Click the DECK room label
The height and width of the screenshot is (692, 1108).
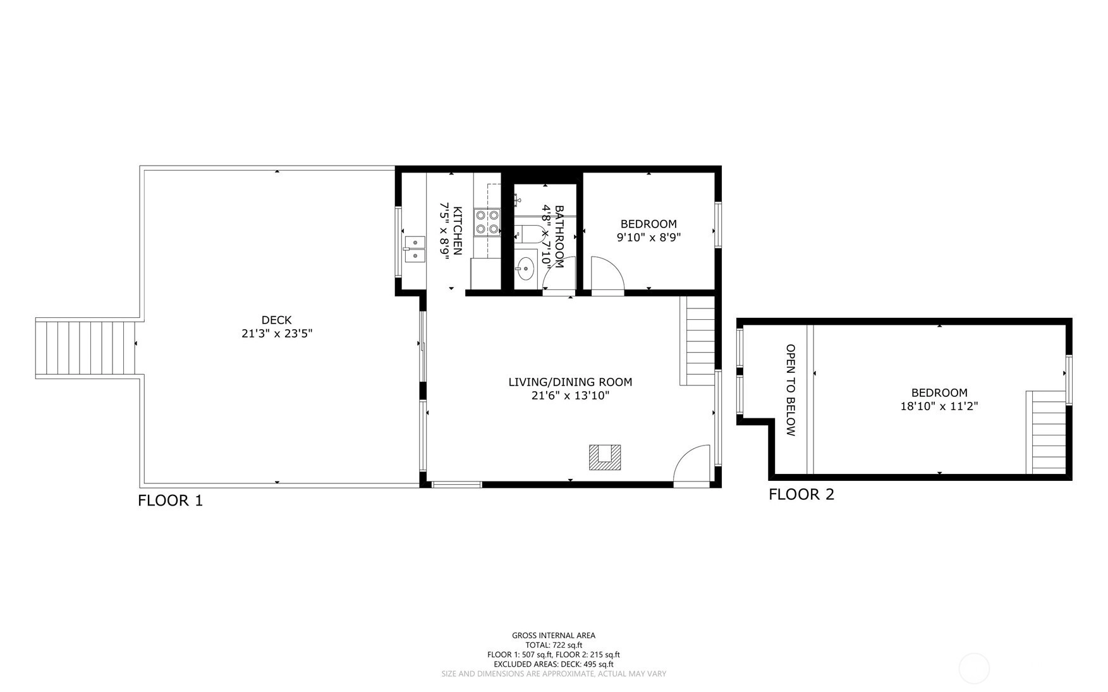click(x=277, y=320)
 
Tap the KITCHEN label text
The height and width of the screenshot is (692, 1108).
click(x=458, y=231)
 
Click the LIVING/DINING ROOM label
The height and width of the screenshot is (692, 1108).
click(x=570, y=382)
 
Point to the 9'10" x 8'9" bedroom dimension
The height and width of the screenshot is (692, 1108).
click(x=648, y=238)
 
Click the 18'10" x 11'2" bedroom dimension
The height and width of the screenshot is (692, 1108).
click(x=939, y=406)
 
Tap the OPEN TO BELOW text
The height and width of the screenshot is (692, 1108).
click(x=790, y=390)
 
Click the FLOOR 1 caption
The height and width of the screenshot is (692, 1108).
click(x=171, y=501)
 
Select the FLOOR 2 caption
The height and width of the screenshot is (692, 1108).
click(x=801, y=494)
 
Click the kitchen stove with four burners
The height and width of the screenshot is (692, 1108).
click(x=487, y=222)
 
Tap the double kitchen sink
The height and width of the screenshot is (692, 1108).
click(x=415, y=248)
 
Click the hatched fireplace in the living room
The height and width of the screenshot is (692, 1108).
click(x=605, y=457)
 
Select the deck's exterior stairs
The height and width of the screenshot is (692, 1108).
click(x=88, y=348)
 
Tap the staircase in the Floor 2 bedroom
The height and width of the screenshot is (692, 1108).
click(x=1046, y=432)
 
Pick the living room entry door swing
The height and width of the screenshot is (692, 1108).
click(x=692, y=466)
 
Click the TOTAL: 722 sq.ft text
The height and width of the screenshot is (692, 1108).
click(x=554, y=645)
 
